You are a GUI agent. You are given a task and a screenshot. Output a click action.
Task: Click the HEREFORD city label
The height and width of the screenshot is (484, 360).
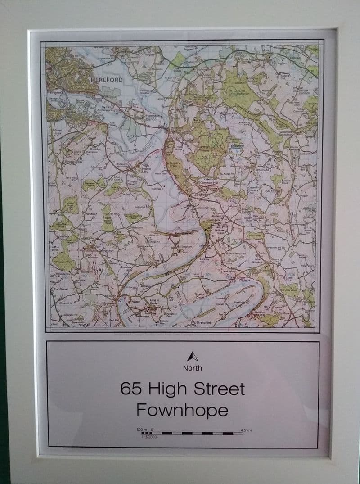click(x=107, y=79)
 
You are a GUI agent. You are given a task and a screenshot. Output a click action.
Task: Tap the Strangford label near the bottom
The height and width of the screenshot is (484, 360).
click(x=204, y=322)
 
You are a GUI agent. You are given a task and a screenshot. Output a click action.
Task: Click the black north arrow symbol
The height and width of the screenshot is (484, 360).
click(x=193, y=357)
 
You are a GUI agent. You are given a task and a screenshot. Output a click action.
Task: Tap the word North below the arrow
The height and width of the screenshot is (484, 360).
click(x=193, y=368)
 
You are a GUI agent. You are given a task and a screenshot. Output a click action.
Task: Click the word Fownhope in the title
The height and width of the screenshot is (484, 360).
click(x=182, y=410)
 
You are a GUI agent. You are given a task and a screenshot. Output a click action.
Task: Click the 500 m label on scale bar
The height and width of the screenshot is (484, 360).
click(x=142, y=430)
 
